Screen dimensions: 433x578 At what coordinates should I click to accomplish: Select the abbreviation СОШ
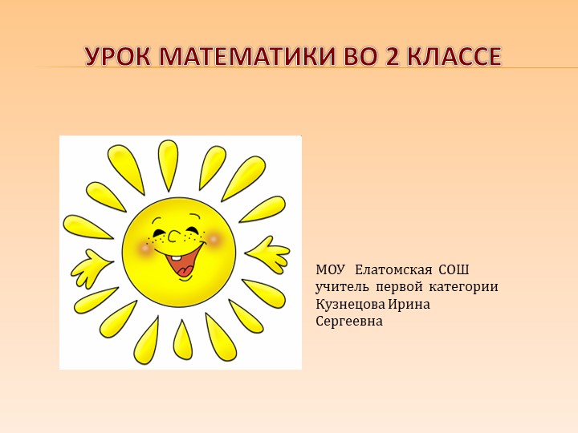click(x=454, y=269)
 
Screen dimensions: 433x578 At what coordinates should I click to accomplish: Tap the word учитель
click(x=342, y=287)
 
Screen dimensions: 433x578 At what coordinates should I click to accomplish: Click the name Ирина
click(x=409, y=304)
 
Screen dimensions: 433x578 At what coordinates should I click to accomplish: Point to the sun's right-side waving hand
click(x=268, y=255)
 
